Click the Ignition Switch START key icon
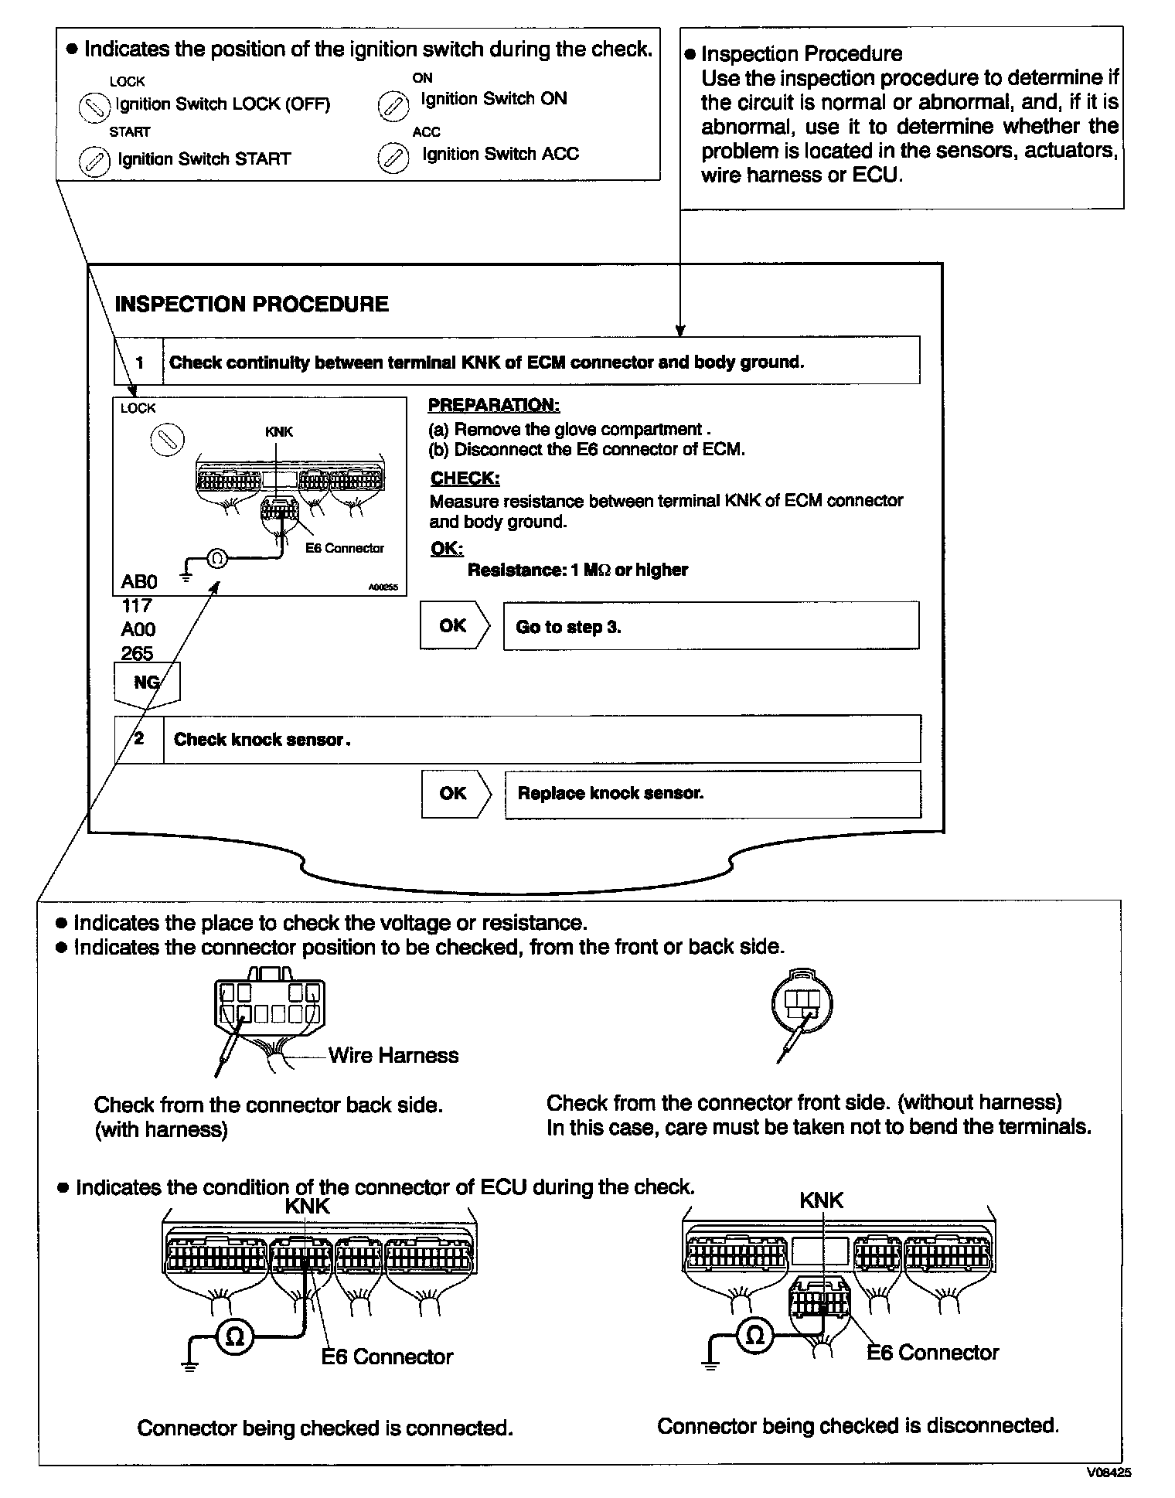94,162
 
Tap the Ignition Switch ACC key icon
392,158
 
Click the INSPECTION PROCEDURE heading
251,304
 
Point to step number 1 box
139,362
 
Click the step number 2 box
139,739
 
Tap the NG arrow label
147,683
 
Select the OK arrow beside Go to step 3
455,625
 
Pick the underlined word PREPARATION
494,405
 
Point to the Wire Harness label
393,1055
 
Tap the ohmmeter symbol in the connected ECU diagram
235,1336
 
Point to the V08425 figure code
1109,1473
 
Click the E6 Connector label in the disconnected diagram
933,1352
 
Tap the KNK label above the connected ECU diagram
307,1206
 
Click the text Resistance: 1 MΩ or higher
577,570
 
